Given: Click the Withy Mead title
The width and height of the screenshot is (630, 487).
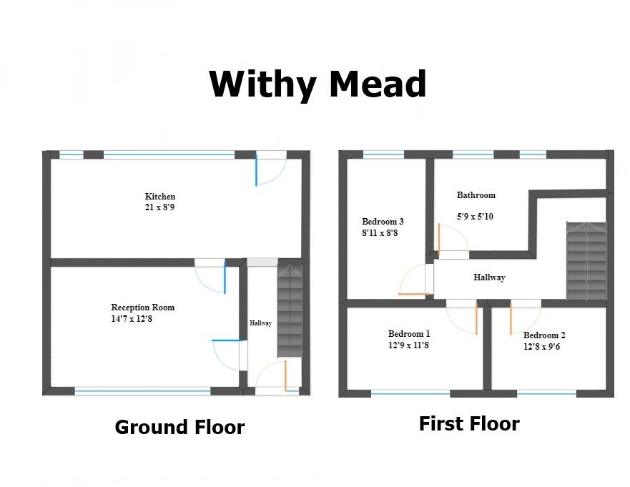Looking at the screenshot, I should click(318, 84).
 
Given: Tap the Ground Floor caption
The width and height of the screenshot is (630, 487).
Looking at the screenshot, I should click(179, 428).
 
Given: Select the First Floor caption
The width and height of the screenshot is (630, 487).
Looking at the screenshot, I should click(468, 423).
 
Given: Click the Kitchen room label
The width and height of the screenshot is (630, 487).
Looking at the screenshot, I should click(160, 197).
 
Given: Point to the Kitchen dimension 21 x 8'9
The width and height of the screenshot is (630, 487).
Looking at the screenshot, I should click(160, 207).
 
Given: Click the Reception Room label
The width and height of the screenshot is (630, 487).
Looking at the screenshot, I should click(143, 308).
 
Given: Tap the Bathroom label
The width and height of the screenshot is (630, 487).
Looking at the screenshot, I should click(476, 195).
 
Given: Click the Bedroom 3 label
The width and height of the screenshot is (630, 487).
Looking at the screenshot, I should click(383, 222).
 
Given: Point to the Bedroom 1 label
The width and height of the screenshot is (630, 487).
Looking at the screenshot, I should click(409, 334).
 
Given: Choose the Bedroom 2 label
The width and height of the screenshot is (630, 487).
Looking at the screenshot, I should click(544, 335).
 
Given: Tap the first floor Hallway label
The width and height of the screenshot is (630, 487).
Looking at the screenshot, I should click(489, 277).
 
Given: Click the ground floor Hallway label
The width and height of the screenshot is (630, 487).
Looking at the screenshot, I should click(260, 324).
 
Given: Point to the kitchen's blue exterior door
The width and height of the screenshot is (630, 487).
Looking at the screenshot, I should click(257, 170).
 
